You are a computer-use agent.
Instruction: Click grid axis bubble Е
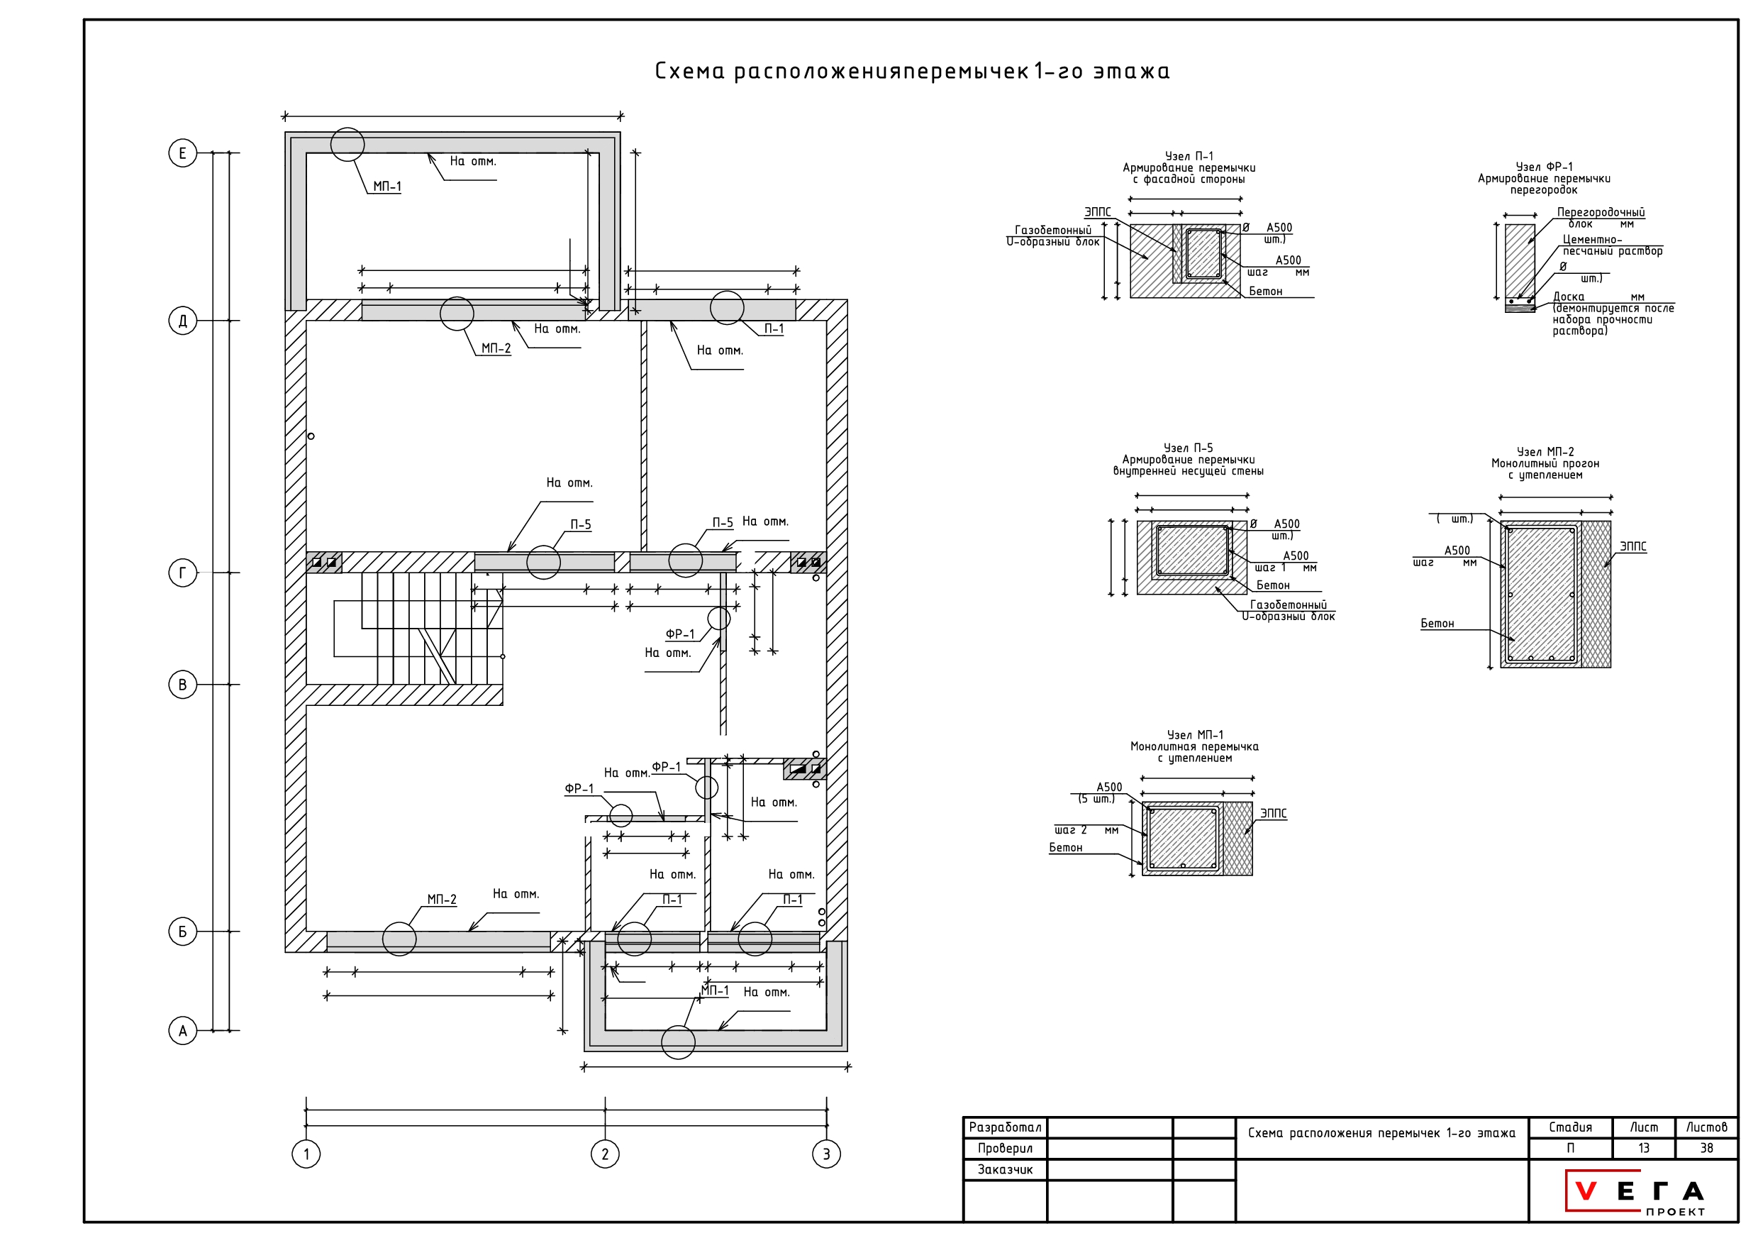182,153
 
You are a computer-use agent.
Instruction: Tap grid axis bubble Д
182,321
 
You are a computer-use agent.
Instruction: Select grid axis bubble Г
182,573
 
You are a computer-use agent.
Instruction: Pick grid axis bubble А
182,1031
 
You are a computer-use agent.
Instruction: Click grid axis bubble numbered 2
605,1154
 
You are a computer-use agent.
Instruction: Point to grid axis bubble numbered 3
826,1154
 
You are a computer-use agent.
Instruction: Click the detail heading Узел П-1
1189,156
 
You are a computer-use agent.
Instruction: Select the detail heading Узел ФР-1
1545,167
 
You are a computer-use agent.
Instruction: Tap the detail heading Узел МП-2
1545,452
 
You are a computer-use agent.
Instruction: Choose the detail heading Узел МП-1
1194,735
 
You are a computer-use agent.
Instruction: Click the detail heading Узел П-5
1189,448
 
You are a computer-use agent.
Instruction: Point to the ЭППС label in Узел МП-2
1632,547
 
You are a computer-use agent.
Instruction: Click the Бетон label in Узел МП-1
1065,848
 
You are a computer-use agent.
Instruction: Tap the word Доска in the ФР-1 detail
1568,297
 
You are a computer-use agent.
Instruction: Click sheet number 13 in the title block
1643,1148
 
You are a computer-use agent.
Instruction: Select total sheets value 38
1706,1148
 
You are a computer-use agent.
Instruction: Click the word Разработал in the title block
1005,1127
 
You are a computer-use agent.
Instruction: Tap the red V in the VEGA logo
1586,1192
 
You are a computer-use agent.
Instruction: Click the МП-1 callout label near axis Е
386,187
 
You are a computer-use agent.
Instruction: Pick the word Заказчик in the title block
1005,1169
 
